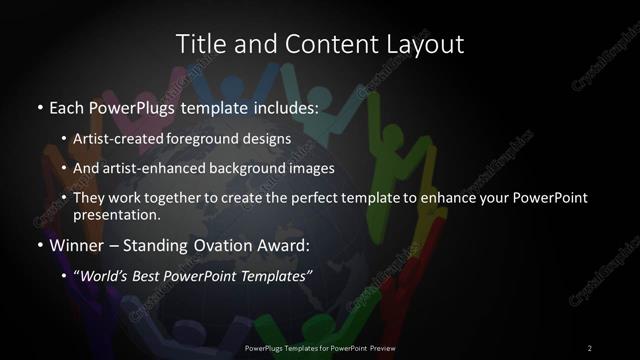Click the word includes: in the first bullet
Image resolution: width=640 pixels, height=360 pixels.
282,105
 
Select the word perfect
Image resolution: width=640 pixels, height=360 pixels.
321,198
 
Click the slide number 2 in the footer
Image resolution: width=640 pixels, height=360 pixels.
590,347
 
